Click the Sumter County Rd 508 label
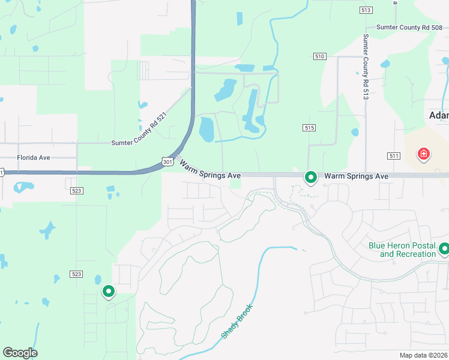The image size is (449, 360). pos(412,27)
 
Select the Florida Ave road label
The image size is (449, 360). pos(33,158)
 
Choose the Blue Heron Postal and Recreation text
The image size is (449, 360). pos(402,250)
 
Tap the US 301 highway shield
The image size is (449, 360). pos(168,161)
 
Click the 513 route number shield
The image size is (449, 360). pos(366,10)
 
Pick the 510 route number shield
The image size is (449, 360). pos(319,56)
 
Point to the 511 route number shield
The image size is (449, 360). pos(394,156)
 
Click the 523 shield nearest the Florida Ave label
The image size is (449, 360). pos(77,190)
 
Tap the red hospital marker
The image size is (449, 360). pos(424,154)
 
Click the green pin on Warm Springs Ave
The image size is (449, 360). pos(311,177)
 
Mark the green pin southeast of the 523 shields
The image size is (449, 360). pos(109,291)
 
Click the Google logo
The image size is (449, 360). pos(20,353)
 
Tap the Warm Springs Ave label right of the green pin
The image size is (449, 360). pos(357,176)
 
